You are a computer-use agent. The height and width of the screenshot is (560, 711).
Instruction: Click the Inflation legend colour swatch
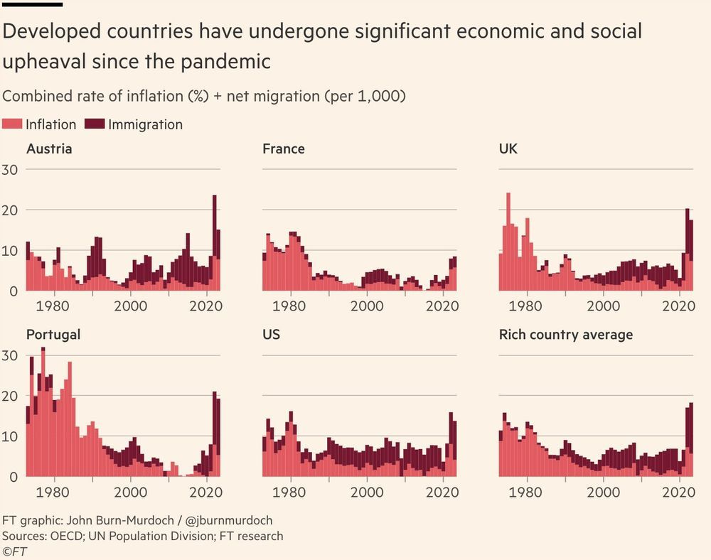[13, 125]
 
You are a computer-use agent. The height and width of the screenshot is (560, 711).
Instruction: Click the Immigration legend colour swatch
[95, 125]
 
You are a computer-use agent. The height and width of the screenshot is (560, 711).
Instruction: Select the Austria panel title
[49, 149]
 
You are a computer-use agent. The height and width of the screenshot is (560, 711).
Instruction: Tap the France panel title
[283, 149]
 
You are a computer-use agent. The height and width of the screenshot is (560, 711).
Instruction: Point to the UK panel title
[510, 149]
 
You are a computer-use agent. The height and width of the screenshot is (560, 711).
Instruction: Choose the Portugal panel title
[53, 335]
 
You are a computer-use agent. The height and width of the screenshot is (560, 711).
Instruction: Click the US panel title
[271, 335]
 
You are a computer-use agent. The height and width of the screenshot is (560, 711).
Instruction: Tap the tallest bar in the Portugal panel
[43, 412]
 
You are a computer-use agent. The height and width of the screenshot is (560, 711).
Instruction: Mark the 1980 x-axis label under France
[289, 306]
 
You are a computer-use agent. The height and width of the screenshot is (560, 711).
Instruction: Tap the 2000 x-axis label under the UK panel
[604, 306]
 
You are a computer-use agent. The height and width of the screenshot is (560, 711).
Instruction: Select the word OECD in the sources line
[67, 536]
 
